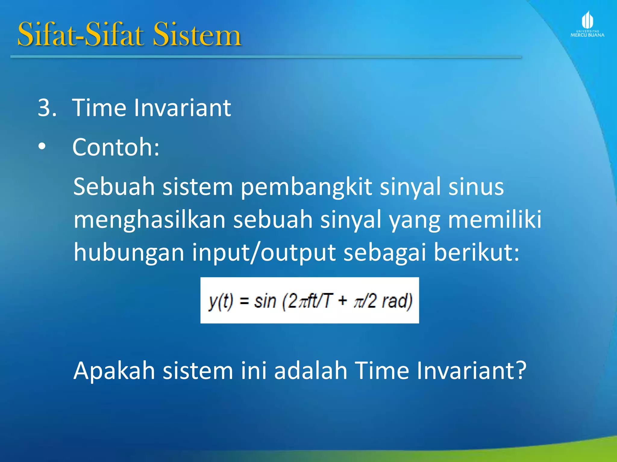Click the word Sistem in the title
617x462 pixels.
[197, 35]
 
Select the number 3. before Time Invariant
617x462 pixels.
[47, 108]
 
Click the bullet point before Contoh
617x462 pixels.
[42, 147]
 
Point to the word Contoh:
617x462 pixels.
[116, 147]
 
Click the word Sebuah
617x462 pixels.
[114, 186]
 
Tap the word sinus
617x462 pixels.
[476, 186]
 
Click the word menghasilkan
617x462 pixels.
[149, 220]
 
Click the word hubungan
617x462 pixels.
[129, 253]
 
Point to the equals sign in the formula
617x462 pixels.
[244, 301]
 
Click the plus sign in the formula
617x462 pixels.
[343, 300]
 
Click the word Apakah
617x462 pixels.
[114, 371]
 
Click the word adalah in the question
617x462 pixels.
[311, 371]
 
